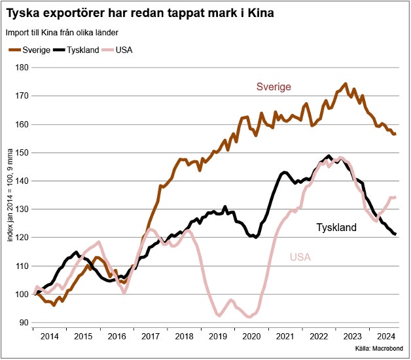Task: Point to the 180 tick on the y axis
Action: pyautogui.click(x=22, y=67)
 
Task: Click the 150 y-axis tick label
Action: pyautogui.click(x=22, y=153)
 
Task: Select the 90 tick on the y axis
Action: pyautogui.click(x=24, y=323)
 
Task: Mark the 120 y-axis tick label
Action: pyautogui.click(x=22, y=238)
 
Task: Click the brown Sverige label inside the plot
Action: pyautogui.click(x=273, y=87)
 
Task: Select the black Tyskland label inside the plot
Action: pyautogui.click(x=336, y=228)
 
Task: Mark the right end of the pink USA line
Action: pyautogui.click(x=396, y=197)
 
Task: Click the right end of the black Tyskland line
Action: pyautogui.click(x=396, y=234)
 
